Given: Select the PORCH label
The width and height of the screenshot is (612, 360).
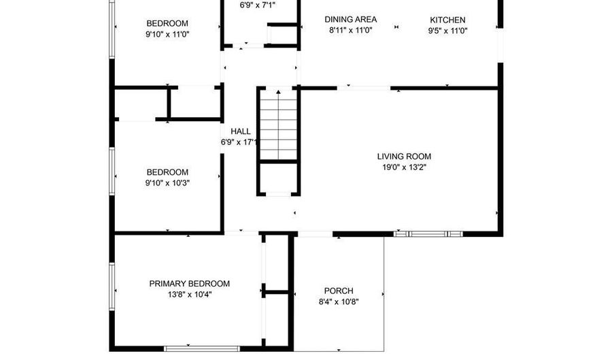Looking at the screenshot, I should pyautogui.click(x=338, y=291).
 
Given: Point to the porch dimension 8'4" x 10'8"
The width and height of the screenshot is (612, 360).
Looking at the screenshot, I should pyautogui.click(x=338, y=302).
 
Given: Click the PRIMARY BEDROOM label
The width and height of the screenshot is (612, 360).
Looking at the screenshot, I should pyautogui.click(x=190, y=284).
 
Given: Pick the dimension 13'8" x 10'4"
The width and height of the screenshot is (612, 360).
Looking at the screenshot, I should pyautogui.click(x=190, y=295).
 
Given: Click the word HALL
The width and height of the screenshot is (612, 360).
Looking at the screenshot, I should pyautogui.click(x=240, y=131).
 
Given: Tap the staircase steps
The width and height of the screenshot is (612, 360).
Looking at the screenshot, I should pyautogui.click(x=277, y=126).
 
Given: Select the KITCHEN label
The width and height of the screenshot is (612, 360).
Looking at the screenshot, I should pyautogui.click(x=447, y=20).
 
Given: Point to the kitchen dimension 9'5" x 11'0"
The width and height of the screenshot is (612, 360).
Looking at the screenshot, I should pyautogui.click(x=447, y=31).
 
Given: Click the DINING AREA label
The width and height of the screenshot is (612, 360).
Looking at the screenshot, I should pyautogui.click(x=350, y=20).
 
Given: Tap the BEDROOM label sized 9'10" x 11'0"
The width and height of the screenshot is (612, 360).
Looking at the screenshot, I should pyautogui.click(x=167, y=23).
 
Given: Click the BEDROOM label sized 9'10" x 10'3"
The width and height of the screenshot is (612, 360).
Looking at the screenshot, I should pyautogui.click(x=167, y=172).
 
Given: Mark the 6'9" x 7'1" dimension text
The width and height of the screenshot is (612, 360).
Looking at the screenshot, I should pyautogui.click(x=258, y=5).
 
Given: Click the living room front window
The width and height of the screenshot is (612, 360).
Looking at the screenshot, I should pyautogui.click(x=428, y=234).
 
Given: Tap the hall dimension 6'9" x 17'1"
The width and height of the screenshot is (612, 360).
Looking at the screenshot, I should pyautogui.click(x=238, y=142).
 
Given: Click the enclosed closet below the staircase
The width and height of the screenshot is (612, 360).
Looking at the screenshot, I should pyautogui.click(x=277, y=178).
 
